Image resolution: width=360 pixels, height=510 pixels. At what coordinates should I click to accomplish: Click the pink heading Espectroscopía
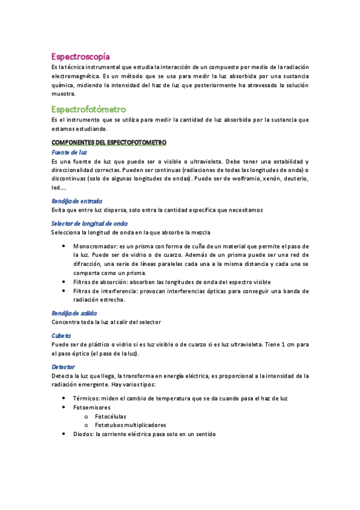(x=80, y=56)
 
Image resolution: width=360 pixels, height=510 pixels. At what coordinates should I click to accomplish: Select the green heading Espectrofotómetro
(x=88, y=109)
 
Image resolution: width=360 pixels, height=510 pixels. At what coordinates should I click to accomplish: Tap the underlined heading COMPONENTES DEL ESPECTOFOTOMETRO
(x=109, y=142)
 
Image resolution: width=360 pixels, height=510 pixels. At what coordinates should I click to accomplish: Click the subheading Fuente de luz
(x=69, y=152)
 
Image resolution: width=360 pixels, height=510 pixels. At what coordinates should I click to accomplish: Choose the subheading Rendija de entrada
(x=77, y=201)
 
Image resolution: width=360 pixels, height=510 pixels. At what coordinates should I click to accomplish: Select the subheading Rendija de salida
(x=74, y=313)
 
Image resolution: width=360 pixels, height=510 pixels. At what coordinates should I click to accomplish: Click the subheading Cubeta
(x=61, y=335)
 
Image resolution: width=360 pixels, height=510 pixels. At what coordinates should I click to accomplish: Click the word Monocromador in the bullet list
(x=93, y=247)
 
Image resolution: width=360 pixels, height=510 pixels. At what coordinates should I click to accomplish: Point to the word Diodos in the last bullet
(x=84, y=434)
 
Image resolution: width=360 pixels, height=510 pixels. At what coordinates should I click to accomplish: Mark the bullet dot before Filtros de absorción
(x=64, y=281)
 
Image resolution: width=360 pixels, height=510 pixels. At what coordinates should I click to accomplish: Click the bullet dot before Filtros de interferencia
(x=64, y=290)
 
